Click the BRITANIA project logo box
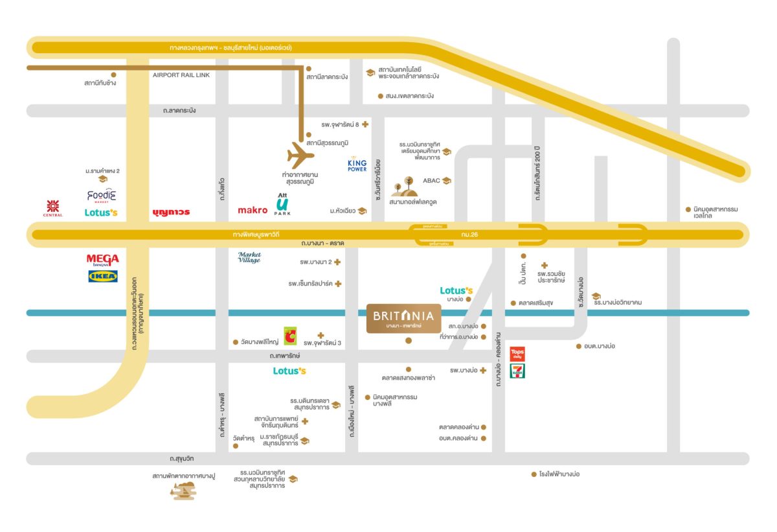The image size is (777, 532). click(x=405, y=318)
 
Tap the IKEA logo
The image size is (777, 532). click(x=103, y=277)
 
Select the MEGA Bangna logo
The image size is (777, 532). click(x=103, y=260)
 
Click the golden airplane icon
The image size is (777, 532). click(x=300, y=156)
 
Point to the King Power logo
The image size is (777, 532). click(x=357, y=165)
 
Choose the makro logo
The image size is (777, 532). click(x=253, y=210)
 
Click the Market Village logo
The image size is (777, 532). click(x=249, y=257)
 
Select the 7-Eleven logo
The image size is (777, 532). click(x=517, y=371)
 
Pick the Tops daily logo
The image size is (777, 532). click(x=517, y=354)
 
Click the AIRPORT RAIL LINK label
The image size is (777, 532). click(x=181, y=75)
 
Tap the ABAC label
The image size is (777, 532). click(x=431, y=181)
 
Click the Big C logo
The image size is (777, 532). click(x=290, y=336)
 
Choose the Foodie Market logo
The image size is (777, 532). click(x=101, y=195)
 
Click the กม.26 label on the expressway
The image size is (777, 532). click(x=470, y=234)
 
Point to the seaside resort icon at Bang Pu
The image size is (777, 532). click(x=182, y=491)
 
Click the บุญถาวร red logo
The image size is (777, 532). click(x=172, y=212)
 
